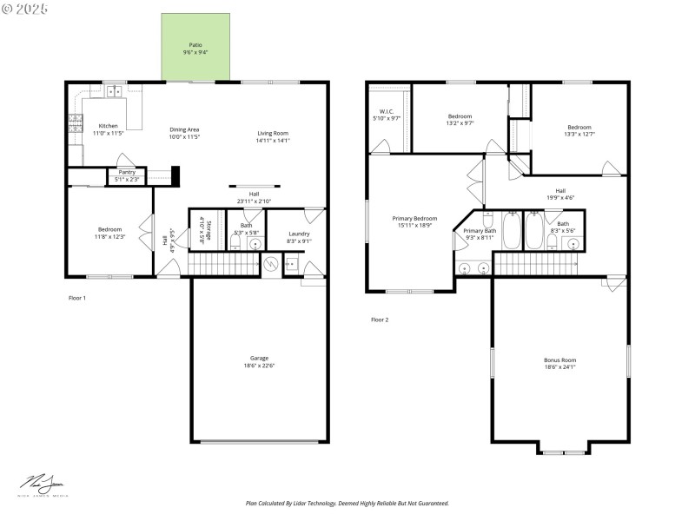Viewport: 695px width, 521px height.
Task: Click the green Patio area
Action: tap(196, 49)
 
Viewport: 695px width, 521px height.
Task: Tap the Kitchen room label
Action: tap(109, 126)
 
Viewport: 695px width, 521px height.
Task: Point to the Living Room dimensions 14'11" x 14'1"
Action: tap(273, 140)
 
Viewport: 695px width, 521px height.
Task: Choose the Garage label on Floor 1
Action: tap(259, 359)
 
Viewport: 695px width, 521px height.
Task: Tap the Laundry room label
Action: tap(299, 234)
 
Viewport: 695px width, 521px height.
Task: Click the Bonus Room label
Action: tap(559, 359)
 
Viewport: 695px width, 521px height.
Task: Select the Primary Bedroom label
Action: tap(414, 219)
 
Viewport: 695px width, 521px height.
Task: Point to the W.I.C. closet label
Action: tap(387, 112)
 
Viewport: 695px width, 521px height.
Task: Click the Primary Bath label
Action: tap(479, 231)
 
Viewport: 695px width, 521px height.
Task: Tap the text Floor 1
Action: tap(77, 298)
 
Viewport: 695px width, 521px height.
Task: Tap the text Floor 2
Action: tap(380, 320)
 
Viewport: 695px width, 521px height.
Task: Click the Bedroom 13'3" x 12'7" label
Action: tap(579, 127)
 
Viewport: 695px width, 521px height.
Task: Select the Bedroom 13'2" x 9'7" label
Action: tap(460, 116)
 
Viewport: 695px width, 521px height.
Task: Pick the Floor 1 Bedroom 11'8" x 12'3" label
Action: tap(109, 230)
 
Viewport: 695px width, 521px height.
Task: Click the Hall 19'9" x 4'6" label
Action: tap(560, 191)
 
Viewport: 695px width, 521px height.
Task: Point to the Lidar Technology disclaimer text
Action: tap(347, 503)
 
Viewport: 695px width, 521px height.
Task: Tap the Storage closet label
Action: tap(201, 230)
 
